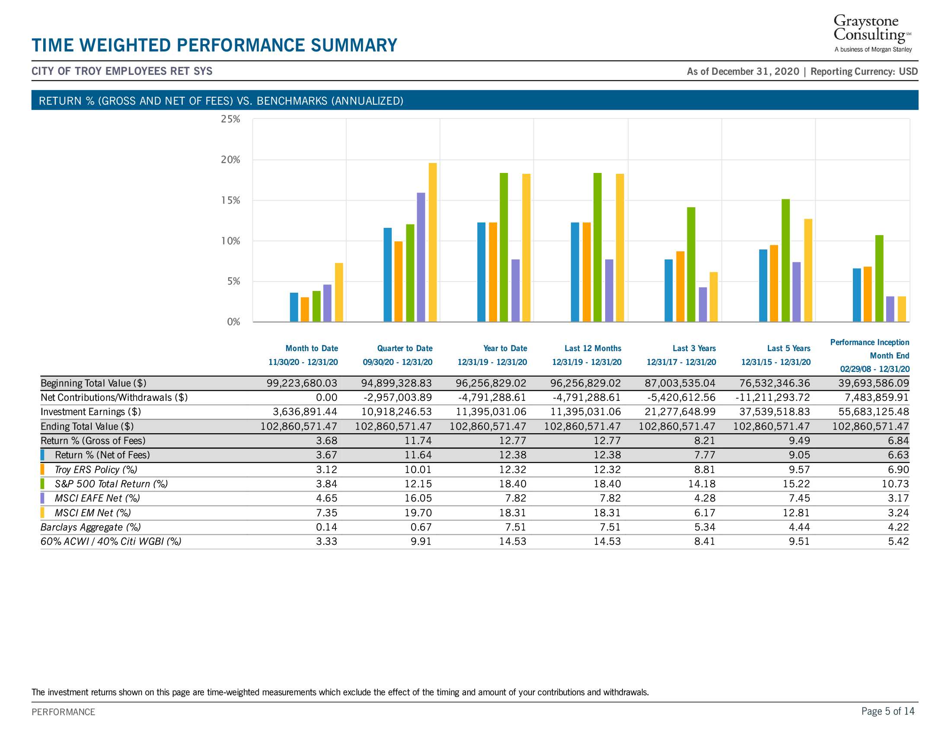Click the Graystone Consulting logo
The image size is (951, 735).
873,34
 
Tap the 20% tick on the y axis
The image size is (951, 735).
230,160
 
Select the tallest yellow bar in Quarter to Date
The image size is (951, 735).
432,242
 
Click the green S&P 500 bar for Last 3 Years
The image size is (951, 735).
691,264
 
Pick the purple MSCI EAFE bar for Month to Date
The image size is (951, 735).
328,303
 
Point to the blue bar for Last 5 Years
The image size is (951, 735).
763,286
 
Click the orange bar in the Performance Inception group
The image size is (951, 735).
868,294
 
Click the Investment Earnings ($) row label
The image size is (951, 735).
91,412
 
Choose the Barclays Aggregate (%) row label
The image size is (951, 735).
91,527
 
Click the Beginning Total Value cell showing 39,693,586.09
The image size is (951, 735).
874,383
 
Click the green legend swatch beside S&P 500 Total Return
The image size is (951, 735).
42,484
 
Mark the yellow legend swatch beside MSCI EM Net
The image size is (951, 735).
42,513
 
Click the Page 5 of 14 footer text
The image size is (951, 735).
888,711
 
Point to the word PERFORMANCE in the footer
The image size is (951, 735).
63,712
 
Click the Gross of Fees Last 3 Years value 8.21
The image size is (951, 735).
705,441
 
